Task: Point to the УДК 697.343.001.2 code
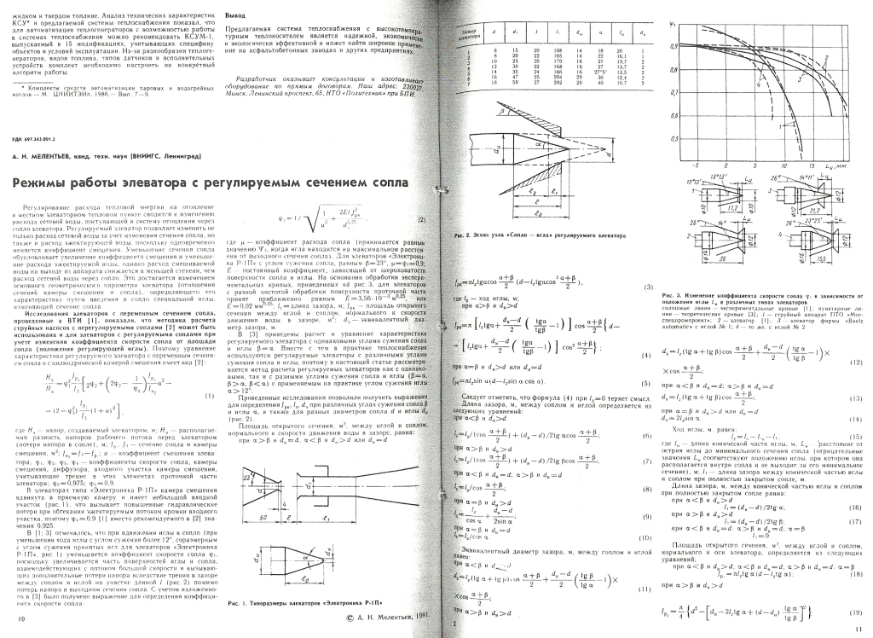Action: click(x=38, y=138)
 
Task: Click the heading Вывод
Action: click(x=236, y=16)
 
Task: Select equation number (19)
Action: click(x=853, y=610)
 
